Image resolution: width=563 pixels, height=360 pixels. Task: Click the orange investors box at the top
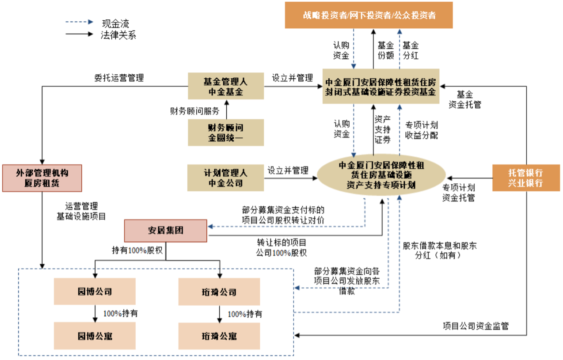[369, 15]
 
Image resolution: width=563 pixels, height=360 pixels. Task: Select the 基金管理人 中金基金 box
[226, 87]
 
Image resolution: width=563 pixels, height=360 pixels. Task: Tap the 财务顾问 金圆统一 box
[226, 133]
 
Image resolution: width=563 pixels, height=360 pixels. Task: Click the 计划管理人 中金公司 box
[226, 178]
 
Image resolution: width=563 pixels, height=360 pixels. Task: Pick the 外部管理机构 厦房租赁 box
[42, 178]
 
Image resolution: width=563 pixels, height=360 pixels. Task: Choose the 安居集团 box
[166, 231]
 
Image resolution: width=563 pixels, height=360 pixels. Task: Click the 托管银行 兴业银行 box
[525, 178]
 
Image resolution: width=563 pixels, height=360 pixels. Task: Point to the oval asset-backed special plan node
[381, 175]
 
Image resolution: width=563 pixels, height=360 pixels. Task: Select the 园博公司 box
[95, 292]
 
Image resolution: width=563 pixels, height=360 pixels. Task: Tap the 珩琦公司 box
[219, 292]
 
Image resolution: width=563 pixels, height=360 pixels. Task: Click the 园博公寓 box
[95, 336]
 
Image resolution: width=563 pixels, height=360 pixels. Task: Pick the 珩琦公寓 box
[219, 336]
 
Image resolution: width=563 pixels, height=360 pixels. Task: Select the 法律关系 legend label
[118, 35]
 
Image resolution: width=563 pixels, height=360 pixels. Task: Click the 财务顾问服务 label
[194, 110]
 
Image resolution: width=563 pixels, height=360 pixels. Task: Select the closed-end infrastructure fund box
[381, 87]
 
